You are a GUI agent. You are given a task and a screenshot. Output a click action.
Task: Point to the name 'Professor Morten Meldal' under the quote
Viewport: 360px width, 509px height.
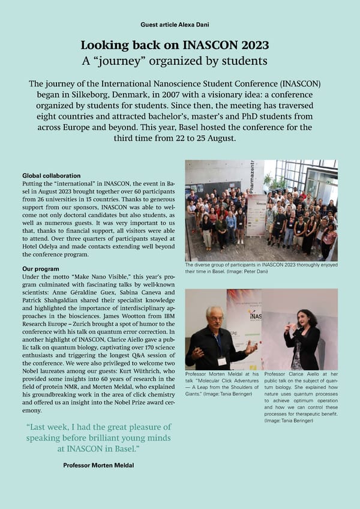(99, 465)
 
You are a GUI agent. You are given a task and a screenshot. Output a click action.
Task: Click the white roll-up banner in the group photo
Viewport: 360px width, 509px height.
(256, 213)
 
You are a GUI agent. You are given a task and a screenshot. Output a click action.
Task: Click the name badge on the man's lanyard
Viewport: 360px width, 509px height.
(221, 361)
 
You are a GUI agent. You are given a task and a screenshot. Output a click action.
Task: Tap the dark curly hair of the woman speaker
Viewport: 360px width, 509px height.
(310, 318)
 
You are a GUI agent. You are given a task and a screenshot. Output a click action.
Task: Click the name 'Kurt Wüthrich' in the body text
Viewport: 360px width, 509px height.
(140, 372)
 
